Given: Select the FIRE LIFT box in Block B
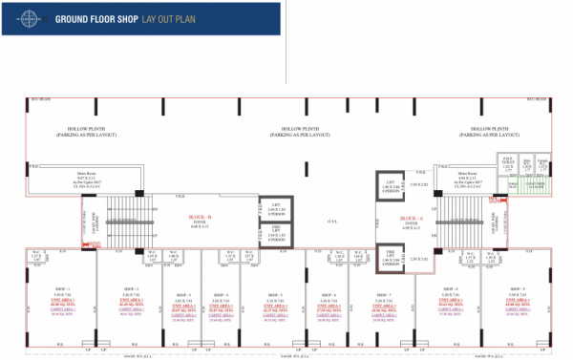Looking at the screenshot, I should (272, 232).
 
